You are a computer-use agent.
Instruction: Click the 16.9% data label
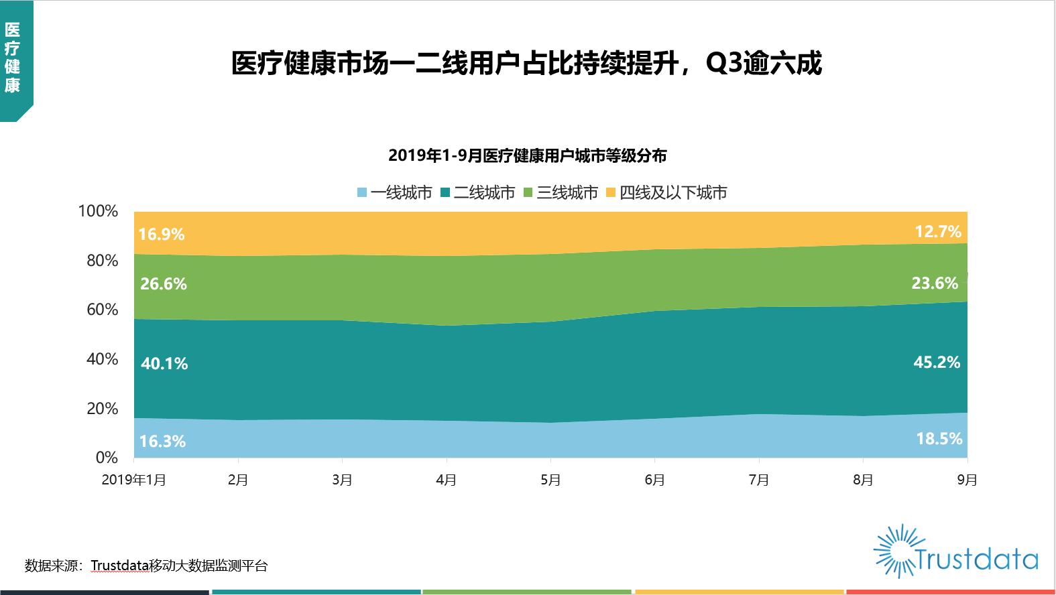[x=162, y=234]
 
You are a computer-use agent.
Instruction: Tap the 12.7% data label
[x=938, y=232]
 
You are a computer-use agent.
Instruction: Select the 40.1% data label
[x=164, y=364]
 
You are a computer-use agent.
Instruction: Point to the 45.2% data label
[x=937, y=362]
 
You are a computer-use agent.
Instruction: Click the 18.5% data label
[x=939, y=439]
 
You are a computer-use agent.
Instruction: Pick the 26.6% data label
[x=164, y=284]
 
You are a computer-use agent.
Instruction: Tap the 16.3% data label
[x=162, y=442]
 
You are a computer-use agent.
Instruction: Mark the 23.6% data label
[x=935, y=283]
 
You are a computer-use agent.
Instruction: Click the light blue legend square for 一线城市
[x=363, y=193]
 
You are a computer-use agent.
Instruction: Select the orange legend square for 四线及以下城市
[x=611, y=193]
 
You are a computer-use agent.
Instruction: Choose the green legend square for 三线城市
[x=528, y=193]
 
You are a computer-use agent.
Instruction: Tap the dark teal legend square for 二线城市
[x=445, y=193]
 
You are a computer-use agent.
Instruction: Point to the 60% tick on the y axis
[x=102, y=310]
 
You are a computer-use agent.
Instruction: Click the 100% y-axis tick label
[x=98, y=211]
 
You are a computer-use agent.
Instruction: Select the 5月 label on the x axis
[x=550, y=480]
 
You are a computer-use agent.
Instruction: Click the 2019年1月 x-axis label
[x=134, y=480]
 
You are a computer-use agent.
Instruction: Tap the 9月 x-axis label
[x=967, y=480]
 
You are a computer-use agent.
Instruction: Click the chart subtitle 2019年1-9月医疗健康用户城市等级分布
[x=528, y=156]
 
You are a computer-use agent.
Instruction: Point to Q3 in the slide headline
[x=721, y=64]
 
